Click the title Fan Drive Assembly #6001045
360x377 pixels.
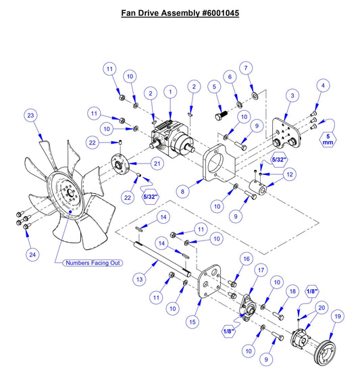[x=180, y=13]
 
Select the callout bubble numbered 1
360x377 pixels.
[x=171, y=91]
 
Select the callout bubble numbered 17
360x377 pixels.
[x=260, y=271]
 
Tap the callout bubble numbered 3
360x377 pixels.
[x=292, y=97]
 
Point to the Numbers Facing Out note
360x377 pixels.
[x=93, y=261]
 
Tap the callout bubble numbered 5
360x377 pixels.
[x=214, y=87]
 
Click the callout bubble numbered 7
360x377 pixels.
[x=247, y=68]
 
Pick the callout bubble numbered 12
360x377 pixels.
[x=290, y=175]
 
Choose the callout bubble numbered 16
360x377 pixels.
[x=247, y=259]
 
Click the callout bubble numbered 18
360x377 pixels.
[x=292, y=291]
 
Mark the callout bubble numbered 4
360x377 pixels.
[x=324, y=86]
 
